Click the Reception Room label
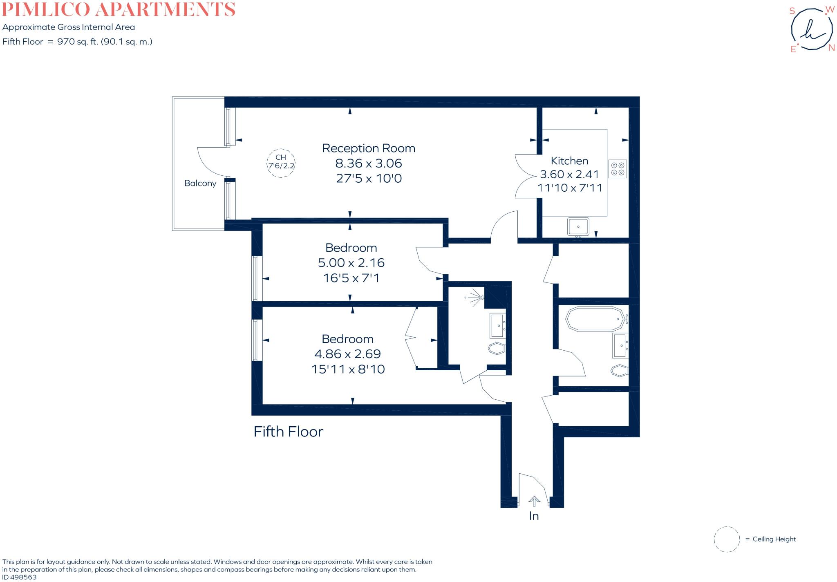368,148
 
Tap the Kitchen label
569,161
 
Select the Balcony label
200,183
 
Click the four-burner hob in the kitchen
617,169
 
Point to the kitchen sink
578,226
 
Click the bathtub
595,319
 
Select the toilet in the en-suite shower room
497,349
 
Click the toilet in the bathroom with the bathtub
619,371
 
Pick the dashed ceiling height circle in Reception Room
281,163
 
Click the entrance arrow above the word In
534,501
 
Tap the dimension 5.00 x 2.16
351,262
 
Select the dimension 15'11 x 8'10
348,369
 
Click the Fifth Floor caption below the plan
288,432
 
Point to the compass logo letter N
831,48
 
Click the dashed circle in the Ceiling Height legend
727,539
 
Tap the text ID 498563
19,577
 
